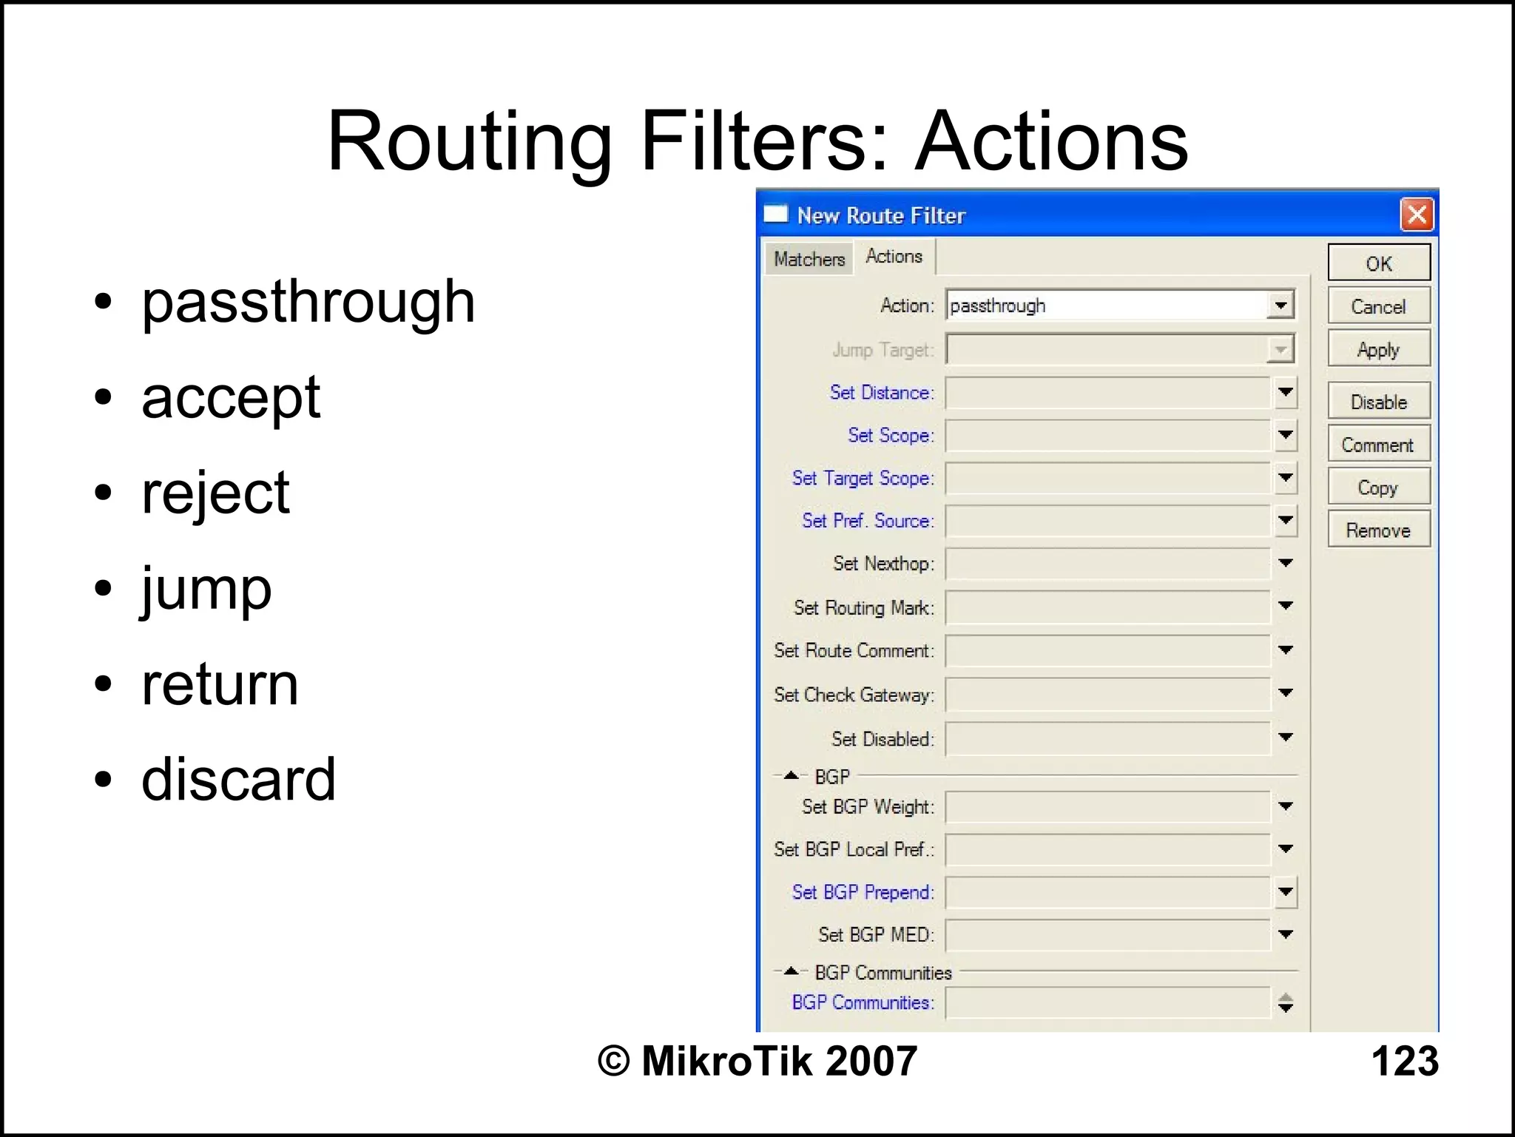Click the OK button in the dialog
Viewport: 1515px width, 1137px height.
coord(1378,263)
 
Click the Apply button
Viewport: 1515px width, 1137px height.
coord(1378,349)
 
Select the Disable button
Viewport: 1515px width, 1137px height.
coord(1378,402)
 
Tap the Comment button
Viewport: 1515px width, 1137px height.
coord(1378,445)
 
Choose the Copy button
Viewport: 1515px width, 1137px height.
coord(1378,487)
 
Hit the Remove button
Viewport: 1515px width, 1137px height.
coord(1378,530)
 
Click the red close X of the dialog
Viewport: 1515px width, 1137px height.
coord(1417,215)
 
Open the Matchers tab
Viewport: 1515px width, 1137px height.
coord(809,259)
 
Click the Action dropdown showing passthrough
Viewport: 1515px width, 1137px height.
coord(1119,306)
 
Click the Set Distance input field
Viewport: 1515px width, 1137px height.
coord(1107,393)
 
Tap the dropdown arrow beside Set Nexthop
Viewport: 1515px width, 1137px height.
coord(1286,564)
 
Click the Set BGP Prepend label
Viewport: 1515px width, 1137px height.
coord(863,892)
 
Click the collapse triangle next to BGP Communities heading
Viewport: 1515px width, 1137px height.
coord(791,971)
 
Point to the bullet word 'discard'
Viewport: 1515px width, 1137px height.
coord(238,780)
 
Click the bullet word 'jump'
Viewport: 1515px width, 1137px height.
coord(206,590)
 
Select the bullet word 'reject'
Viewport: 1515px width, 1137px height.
coord(215,493)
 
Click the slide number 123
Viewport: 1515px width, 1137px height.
coord(1404,1061)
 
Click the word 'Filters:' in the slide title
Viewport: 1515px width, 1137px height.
coord(765,141)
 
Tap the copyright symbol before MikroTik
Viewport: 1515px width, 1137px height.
coord(613,1061)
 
